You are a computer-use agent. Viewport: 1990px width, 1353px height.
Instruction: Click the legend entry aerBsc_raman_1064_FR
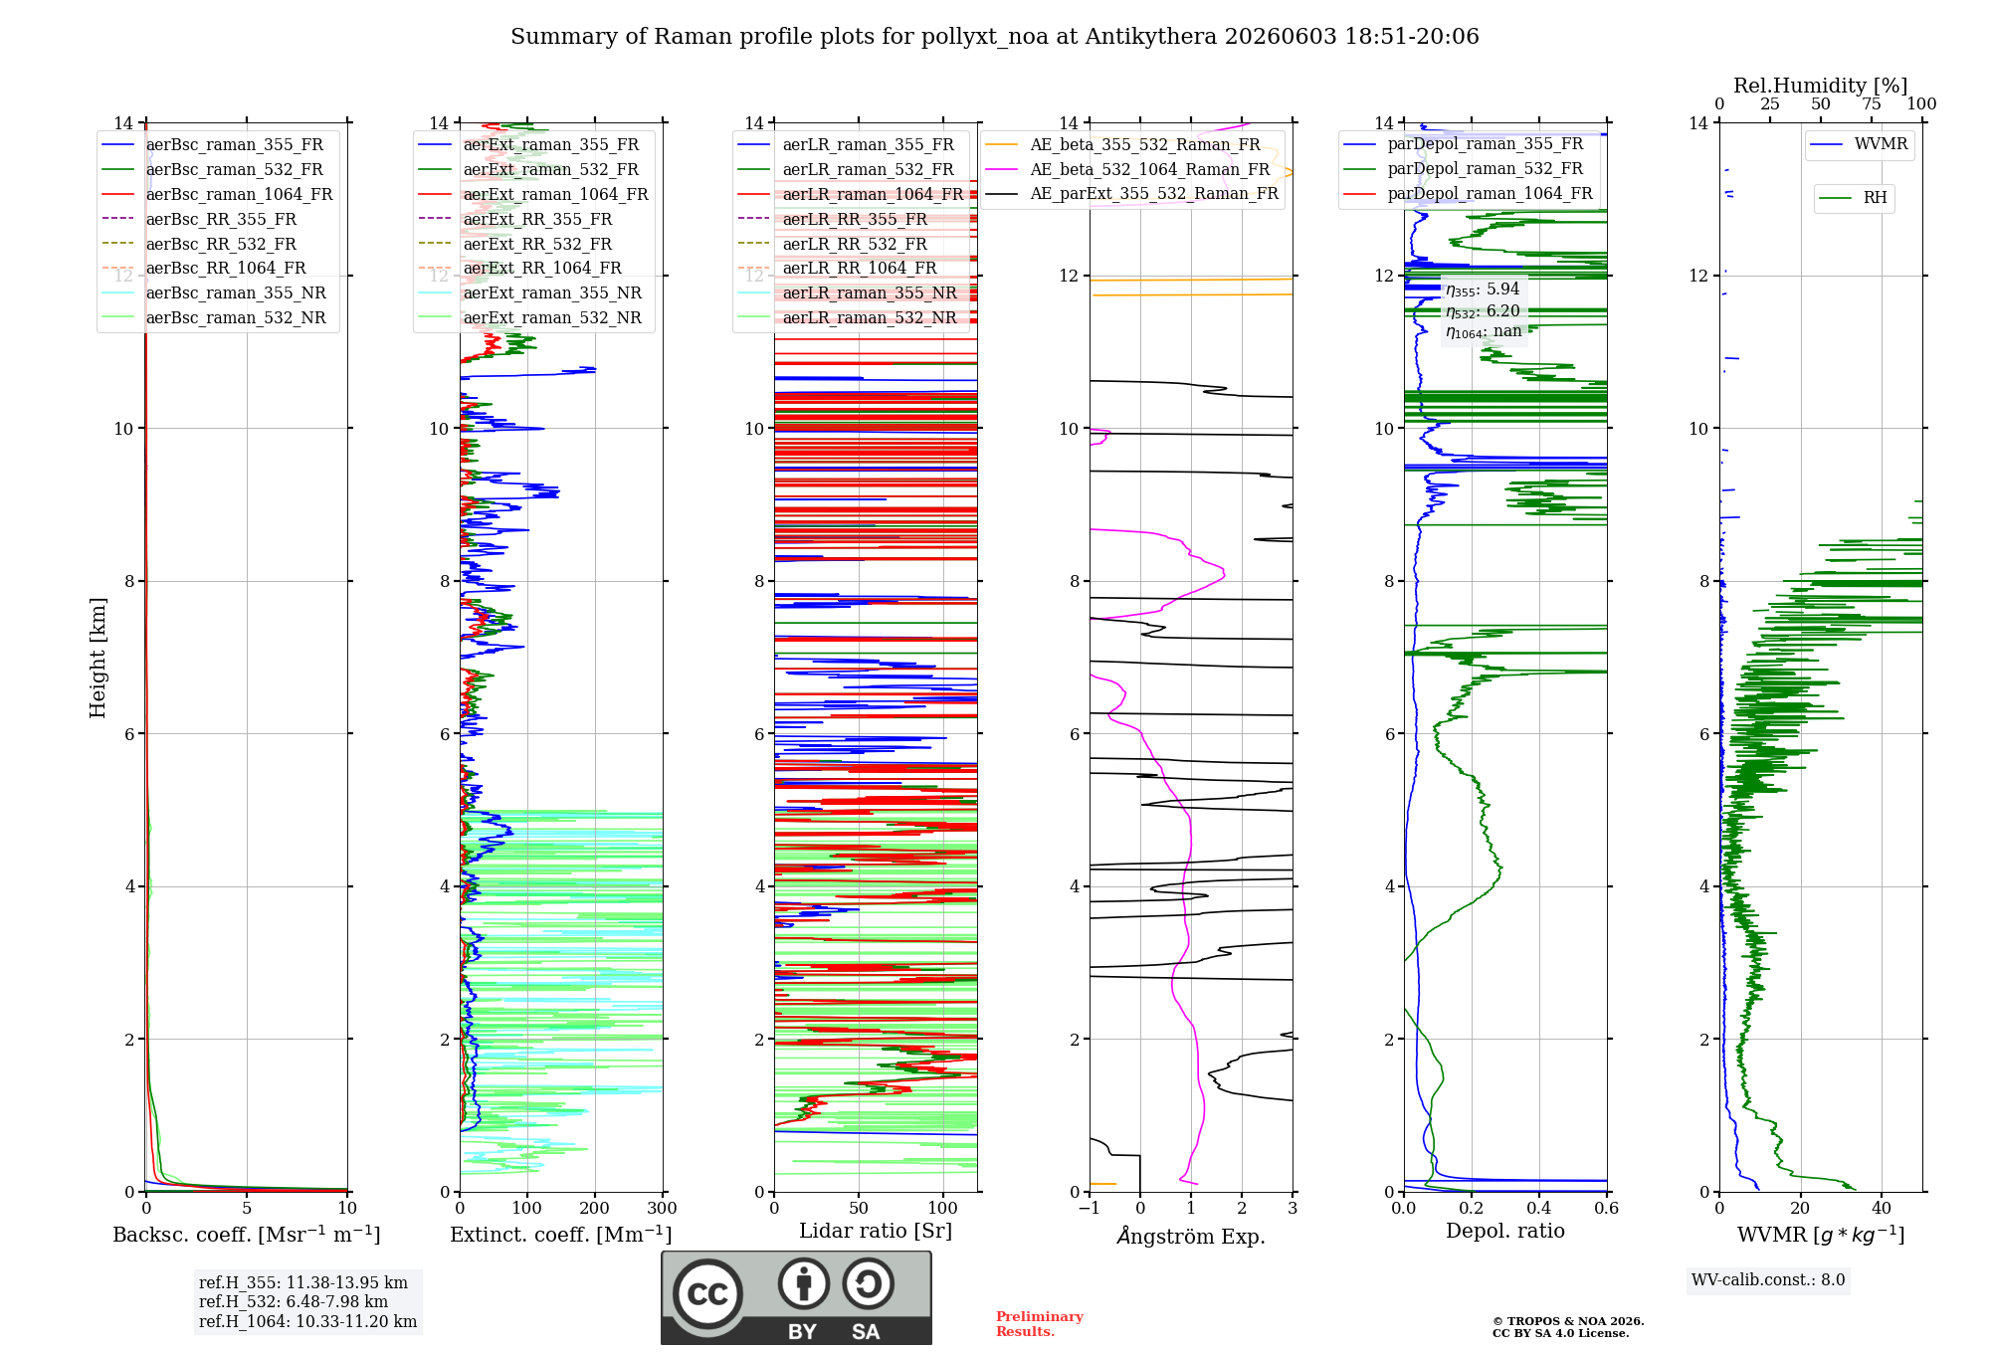click(x=217, y=194)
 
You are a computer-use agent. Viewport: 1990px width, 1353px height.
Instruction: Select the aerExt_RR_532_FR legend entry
click(x=515, y=244)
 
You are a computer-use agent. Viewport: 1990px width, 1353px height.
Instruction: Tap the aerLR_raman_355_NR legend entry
click(x=847, y=292)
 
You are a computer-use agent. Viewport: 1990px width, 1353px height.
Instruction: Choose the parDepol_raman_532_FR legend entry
click(x=1463, y=168)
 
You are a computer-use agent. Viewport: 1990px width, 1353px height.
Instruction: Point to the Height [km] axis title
click(x=98, y=658)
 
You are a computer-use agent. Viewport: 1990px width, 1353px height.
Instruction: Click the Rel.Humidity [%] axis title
click(x=1821, y=86)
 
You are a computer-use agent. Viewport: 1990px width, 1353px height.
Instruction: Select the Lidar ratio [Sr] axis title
click(x=876, y=1231)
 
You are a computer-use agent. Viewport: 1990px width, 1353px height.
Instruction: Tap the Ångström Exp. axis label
click(x=1191, y=1236)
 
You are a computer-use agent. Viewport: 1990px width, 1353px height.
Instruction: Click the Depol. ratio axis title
click(x=1505, y=1231)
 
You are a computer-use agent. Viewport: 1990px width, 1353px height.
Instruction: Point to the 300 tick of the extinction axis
click(x=662, y=1208)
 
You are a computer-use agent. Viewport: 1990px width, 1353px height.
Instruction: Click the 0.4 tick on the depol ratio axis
click(x=1539, y=1208)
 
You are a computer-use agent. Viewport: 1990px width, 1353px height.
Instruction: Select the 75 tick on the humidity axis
click(x=1872, y=103)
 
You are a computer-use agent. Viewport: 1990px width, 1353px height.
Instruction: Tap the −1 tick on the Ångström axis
click(x=1090, y=1208)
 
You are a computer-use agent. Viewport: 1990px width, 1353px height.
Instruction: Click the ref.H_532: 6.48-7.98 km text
click(x=294, y=1301)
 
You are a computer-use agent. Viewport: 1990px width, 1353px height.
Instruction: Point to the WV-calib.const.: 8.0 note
click(x=1768, y=1279)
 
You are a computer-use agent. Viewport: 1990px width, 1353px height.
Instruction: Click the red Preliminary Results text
click(x=1040, y=1323)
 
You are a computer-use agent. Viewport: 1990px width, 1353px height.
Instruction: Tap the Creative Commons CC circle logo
click(x=707, y=1293)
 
